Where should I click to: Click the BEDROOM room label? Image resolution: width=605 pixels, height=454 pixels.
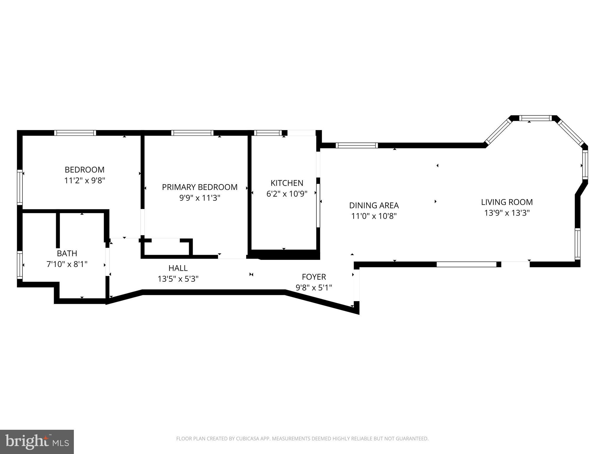[84, 170]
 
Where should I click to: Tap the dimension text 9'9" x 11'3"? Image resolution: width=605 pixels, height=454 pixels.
[200, 198]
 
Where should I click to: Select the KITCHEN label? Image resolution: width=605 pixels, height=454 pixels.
[287, 183]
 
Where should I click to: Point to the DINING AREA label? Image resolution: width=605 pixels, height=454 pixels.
[374, 205]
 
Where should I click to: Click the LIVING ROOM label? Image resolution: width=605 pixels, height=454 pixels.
[507, 202]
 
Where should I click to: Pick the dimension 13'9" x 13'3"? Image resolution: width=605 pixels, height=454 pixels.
[507, 213]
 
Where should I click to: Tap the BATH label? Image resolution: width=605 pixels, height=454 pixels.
[67, 253]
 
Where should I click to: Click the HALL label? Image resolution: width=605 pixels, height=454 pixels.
[178, 268]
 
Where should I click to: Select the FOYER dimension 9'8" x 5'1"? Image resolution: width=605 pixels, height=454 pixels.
[314, 288]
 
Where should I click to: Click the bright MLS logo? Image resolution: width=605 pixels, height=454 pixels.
[37, 442]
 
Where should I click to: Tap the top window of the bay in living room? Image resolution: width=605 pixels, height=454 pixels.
[535, 118]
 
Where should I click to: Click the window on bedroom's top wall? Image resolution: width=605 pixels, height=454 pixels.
[75, 133]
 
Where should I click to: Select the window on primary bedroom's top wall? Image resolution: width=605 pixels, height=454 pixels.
[192, 133]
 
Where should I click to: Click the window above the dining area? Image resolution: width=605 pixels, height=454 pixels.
[357, 145]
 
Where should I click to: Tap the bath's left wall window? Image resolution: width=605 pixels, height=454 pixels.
[19, 265]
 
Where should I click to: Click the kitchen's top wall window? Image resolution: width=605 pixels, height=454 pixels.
[268, 133]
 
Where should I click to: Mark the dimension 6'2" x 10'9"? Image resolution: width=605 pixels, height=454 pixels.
[287, 194]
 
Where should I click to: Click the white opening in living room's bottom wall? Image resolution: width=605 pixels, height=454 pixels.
[466, 264]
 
